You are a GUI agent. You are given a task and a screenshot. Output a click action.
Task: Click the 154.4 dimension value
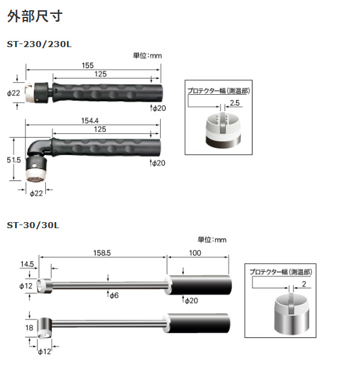click(92, 121)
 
